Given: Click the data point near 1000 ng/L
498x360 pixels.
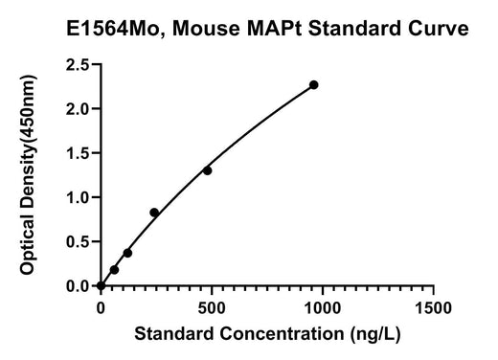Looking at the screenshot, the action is pyautogui.click(x=314, y=85).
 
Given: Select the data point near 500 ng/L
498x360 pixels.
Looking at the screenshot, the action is pyautogui.click(x=207, y=170).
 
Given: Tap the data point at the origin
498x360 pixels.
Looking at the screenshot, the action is pyautogui.click(x=101, y=285).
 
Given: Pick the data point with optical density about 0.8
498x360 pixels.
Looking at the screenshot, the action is pyautogui.click(x=154, y=213).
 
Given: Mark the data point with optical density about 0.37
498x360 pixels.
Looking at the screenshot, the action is pyautogui.click(x=127, y=253).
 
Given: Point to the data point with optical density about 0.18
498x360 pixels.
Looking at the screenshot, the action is pyautogui.click(x=114, y=270).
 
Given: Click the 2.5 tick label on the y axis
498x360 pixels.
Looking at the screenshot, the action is pyautogui.click(x=78, y=64).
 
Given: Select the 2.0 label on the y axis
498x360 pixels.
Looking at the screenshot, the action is pyautogui.click(x=78, y=109).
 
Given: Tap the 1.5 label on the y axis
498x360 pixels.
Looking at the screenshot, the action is pyautogui.click(x=78, y=153).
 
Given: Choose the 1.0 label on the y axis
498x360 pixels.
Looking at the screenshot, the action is pyautogui.click(x=78, y=197).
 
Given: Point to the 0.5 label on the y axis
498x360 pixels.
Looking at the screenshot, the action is pyautogui.click(x=78, y=242).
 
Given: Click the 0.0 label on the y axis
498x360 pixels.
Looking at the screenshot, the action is pyautogui.click(x=78, y=286).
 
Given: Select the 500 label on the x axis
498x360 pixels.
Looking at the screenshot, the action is pyautogui.click(x=212, y=308).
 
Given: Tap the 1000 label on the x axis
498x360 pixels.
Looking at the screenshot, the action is pyautogui.click(x=323, y=308).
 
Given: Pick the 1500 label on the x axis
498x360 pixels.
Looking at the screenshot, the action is pyautogui.click(x=433, y=308).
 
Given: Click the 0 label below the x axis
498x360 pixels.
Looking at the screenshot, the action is pyautogui.click(x=101, y=308).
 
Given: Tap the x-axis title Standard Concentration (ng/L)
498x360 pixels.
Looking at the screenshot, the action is pyautogui.click(x=267, y=334).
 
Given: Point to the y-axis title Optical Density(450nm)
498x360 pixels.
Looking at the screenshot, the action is pyautogui.click(x=28, y=174).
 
